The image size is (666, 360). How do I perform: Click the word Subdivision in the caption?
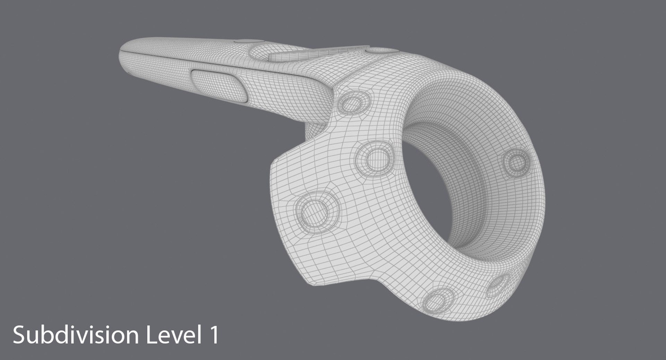point(75,336)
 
